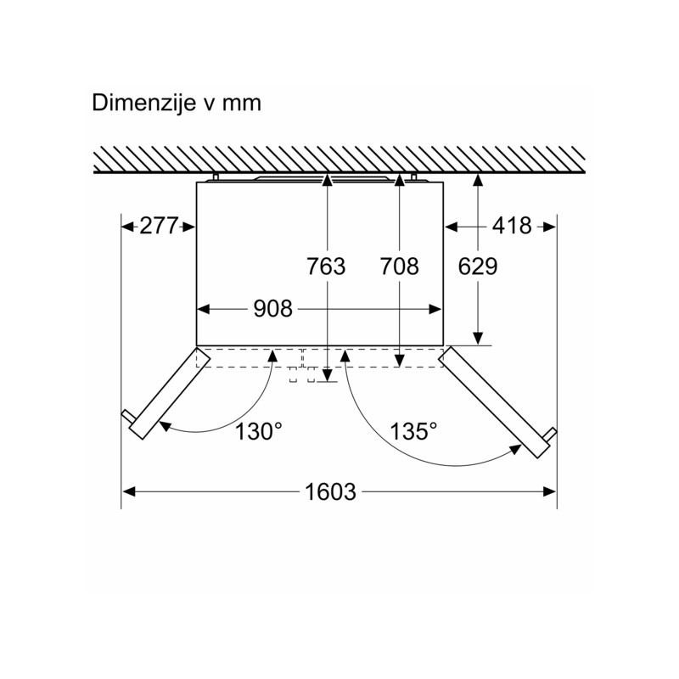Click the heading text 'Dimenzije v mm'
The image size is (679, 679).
click(x=177, y=104)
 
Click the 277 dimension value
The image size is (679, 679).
click(x=159, y=226)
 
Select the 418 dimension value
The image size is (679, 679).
click(x=512, y=226)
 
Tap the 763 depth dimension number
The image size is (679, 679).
click(x=326, y=267)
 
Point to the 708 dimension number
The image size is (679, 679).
click(x=399, y=267)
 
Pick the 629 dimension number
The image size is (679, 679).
click(x=478, y=267)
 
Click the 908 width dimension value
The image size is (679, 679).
click(x=272, y=309)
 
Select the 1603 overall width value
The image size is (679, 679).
click(x=330, y=492)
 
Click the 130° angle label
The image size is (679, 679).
click(x=258, y=431)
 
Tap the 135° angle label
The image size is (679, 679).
click(x=413, y=431)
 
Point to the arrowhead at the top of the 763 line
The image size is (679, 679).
click(x=327, y=180)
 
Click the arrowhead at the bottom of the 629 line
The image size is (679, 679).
click(x=478, y=338)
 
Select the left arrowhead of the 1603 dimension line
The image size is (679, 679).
click(x=129, y=491)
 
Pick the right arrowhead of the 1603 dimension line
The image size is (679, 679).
click(x=549, y=491)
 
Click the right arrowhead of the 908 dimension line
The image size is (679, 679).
click(x=435, y=309)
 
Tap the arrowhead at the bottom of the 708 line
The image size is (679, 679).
click(x=399, y=360)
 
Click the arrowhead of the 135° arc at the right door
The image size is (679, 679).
click(x=515, y=450)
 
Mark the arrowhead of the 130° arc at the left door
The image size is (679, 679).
click(x=166, y=426)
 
